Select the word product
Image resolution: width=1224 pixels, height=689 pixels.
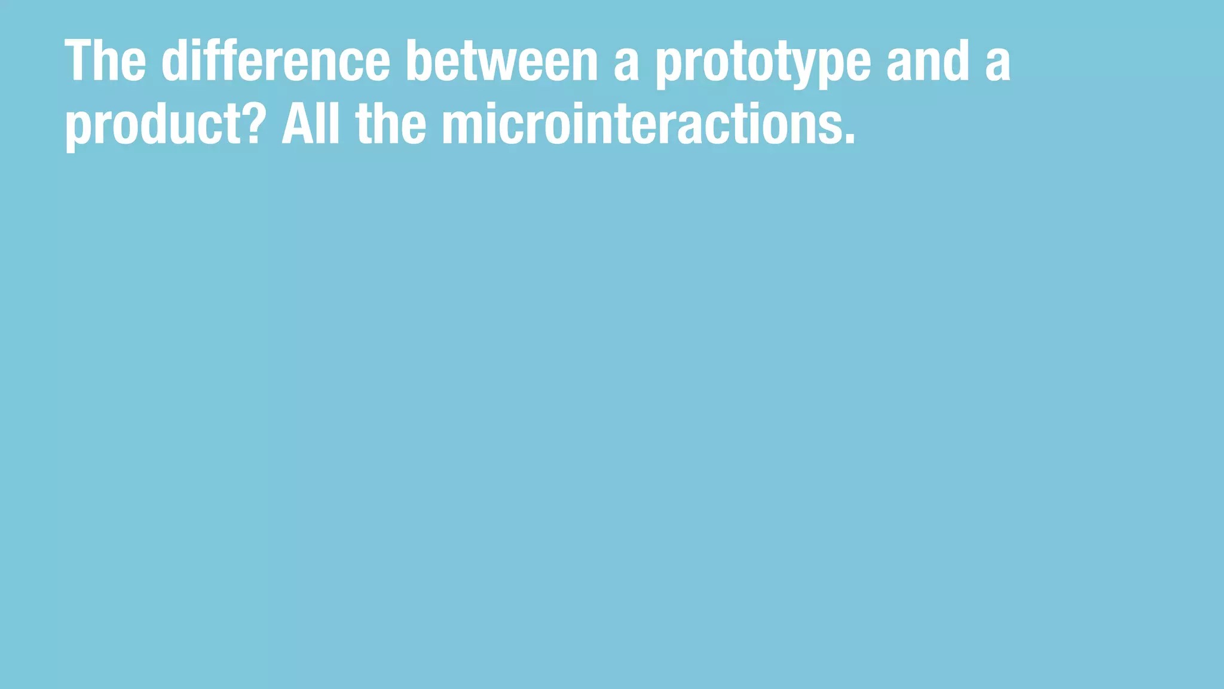pos(155,125)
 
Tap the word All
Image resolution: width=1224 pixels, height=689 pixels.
pos(310,123)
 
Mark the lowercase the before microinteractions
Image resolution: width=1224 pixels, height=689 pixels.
pos(391,123)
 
